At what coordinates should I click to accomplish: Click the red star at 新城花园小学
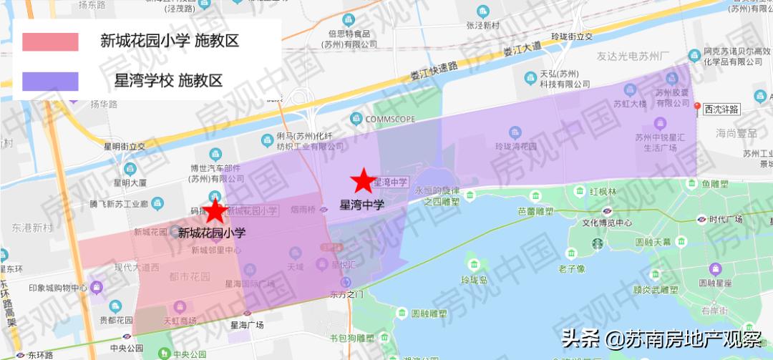214,211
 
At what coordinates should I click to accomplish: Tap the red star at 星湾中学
364,182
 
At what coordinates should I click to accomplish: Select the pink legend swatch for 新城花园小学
50,42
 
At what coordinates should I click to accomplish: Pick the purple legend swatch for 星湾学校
50,81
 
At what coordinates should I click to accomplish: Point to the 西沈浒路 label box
721,110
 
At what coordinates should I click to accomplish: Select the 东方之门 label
347,294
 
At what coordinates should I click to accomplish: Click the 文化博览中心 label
607,223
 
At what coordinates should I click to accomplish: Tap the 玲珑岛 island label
474,279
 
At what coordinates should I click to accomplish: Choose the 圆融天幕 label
652,242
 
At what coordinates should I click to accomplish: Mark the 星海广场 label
247,324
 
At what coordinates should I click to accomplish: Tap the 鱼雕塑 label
715,184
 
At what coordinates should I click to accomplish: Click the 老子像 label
572,269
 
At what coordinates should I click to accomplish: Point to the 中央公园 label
107,349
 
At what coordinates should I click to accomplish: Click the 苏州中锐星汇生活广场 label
661,143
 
